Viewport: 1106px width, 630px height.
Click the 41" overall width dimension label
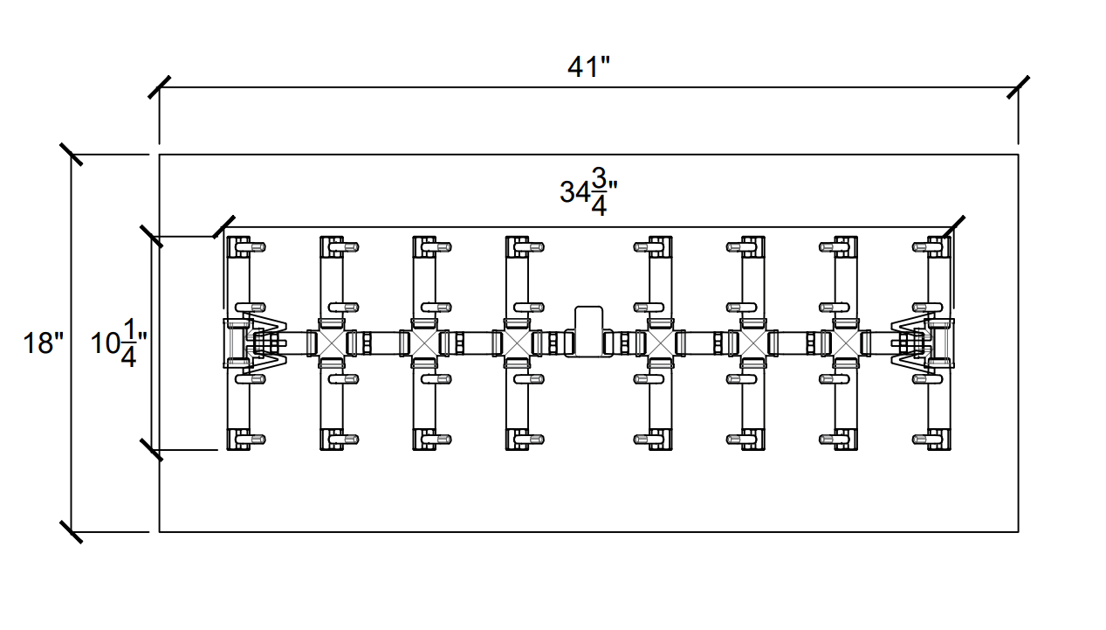pyautogui.click(x=588, y=66)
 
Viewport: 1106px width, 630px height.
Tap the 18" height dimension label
pyautogui.click(x=44, y=343)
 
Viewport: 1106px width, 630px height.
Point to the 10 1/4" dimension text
pyautogui.click(x=119, y=343)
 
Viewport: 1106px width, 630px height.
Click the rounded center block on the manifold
pyautogui.click(x=588, y=331)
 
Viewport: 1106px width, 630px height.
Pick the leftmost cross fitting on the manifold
pyautogui.click(x=331, y=343)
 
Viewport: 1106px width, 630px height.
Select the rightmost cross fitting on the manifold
pyautogui.click(x=846, y=343)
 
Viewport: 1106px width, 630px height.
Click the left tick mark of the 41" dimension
pyautogui.click(x=159, y=87)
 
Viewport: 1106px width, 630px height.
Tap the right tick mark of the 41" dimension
pyautogui.click(x=1018, y=87)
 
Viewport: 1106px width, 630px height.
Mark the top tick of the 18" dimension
pyautogui.click(x=71, y=155)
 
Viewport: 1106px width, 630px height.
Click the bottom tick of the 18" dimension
pyautogui.click(x=71, y=532)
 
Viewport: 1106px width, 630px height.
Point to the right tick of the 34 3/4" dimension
pyautogui.click(x=953, y=227)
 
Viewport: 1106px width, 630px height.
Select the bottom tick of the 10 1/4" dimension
pyautogui.click(x=151, y=450)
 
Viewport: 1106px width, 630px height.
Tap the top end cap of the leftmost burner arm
pyautogui.click(x=238, y=246)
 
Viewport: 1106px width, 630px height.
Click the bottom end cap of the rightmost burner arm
pyautogui.click(x=939, y=440)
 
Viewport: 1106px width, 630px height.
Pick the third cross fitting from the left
pyautogui.click(x=517, y=343)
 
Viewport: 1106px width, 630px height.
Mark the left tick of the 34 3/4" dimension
pyautogui.click(x=223, y=227)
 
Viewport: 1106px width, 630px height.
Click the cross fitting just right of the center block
pyautogui.click(x=660, y=343)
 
